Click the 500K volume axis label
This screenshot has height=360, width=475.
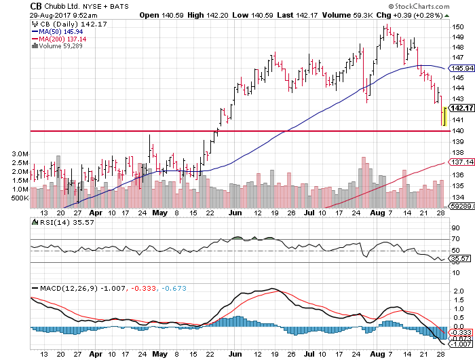point(18,198)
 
